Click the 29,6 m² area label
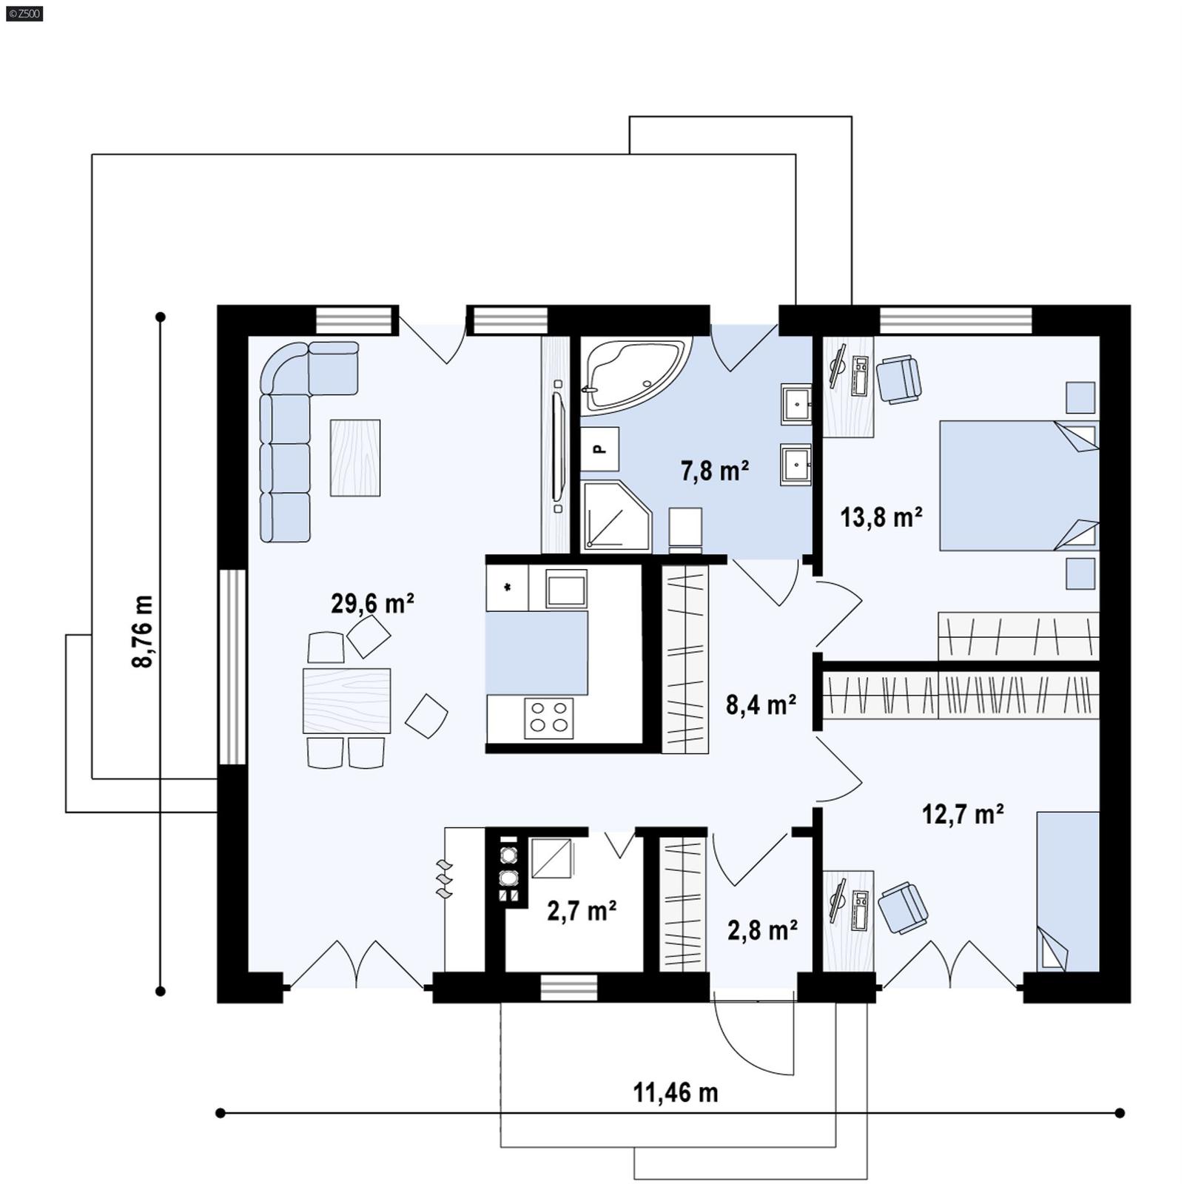click(372, 604)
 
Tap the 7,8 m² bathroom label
click(715, 471)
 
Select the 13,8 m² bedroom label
click(881, 517)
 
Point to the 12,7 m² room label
click(962, 815)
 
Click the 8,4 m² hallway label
click(761, 705)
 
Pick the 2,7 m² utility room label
click(582, 911)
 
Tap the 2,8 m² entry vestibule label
click(762, 930)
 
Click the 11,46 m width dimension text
click(675, 1092)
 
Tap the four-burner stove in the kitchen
click(548, 718)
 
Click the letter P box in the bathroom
click(599, 448)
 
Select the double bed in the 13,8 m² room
click(1017, 485)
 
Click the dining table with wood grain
click(346, 701)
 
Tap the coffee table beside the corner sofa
click(355, 457)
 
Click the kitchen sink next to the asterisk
click(566, 589)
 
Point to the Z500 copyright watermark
click(24, 13)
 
